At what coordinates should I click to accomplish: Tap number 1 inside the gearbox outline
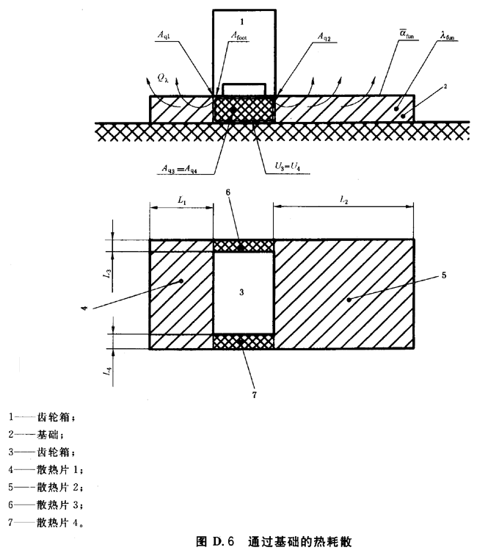click(x=241, y=23)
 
